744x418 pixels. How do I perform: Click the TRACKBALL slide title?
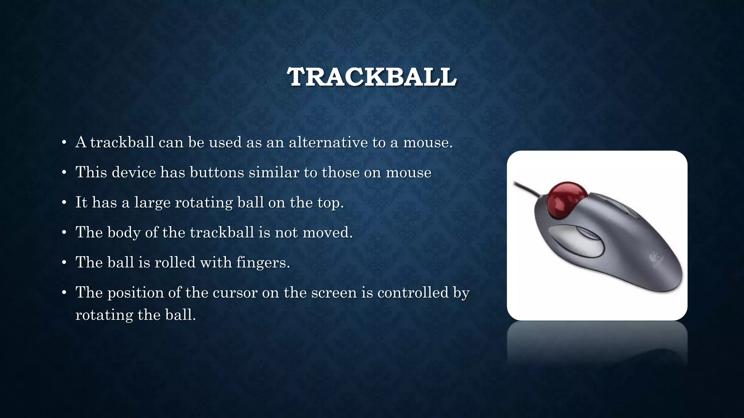[372, 77]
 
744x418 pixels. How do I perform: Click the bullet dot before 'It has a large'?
[64, 202]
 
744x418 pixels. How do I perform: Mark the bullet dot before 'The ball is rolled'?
[64, 262]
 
